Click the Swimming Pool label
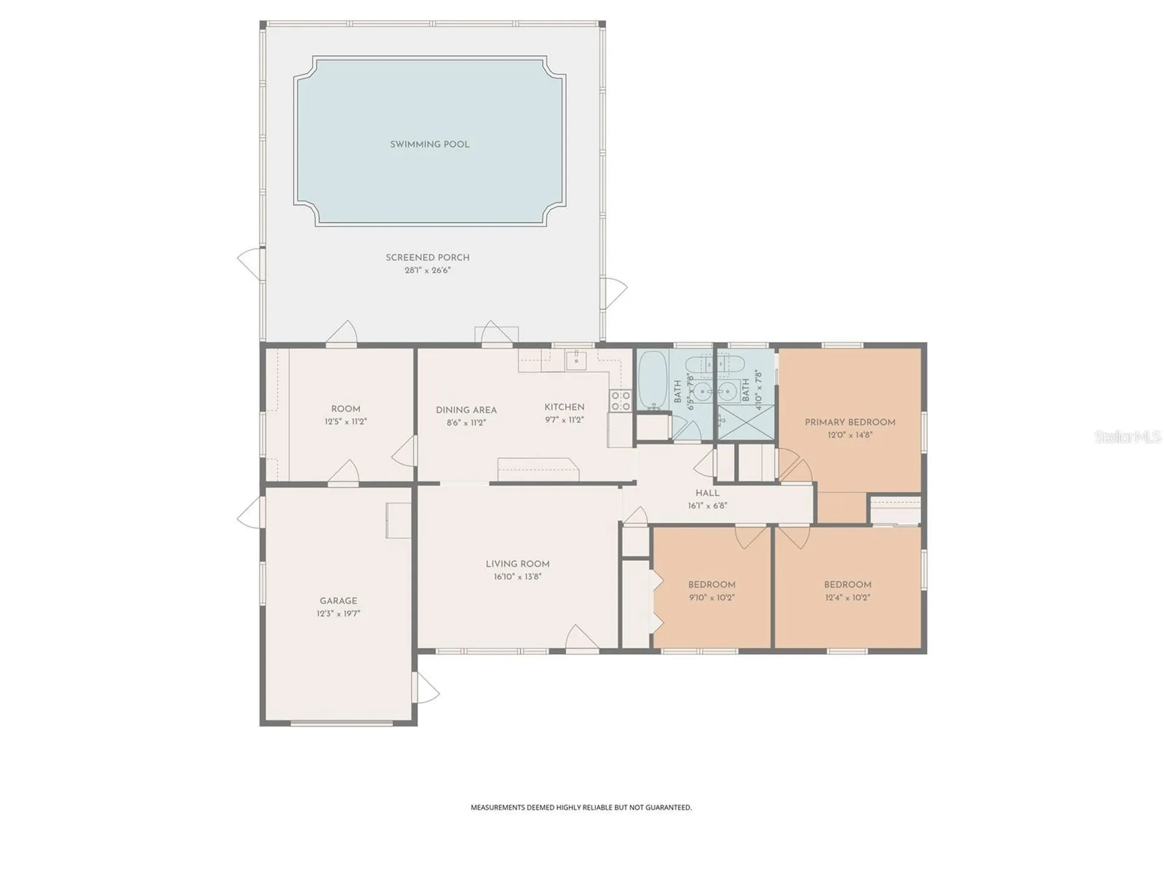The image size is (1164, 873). [429, 144]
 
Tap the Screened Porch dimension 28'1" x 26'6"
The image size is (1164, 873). [427, 270]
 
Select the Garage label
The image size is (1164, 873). [338, 601]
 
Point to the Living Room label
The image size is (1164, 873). [517, 564]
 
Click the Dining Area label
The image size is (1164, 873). [466, 410]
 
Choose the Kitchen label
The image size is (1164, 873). [564, 407]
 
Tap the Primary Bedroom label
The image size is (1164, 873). [850, 422]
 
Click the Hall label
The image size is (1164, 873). [707, 493]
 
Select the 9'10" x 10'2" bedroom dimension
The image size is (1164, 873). [712, 597]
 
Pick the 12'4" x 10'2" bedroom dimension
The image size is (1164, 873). [848, 597]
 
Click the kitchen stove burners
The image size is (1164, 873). [620, 401]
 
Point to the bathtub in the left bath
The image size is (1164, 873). [653, 380]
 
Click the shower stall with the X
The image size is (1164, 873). [746, 423]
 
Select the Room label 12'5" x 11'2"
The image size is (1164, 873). [346, 415]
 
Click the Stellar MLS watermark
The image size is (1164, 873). [1128, 436]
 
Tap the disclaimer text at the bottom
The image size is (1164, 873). [581, 808]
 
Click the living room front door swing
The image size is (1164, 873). [581, 638]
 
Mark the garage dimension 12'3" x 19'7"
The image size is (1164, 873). [338, 614]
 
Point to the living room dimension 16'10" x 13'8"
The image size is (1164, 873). [517, 577]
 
